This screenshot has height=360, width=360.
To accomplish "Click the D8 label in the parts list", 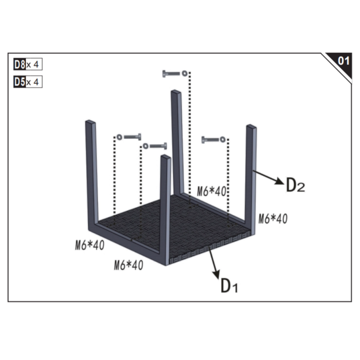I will (x=20, y=65).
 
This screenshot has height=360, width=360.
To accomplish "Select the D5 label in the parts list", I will (x=20, y=82).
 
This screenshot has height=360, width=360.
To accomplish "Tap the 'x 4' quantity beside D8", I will (x=34, y=65).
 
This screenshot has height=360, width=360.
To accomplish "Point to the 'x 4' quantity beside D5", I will (x=34, y=82).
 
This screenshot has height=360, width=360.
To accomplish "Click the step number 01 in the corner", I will (x=343, y=61).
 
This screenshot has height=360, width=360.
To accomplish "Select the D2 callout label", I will (x=295, y=185).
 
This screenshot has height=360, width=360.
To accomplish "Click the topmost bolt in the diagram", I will (x=171, y=74).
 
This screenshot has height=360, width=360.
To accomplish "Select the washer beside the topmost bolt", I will (x=184, y=73).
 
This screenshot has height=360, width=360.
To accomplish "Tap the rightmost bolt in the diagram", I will (x=210, y=140).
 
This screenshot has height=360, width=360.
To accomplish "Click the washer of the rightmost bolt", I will (x=223, y=140).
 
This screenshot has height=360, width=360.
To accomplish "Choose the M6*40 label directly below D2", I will (x=273, y=219).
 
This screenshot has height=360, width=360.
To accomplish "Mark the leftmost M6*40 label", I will (x=90, y=245).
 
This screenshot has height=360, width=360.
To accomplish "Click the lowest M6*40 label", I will (x=128, y=265).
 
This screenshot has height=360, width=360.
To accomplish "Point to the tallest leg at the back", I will (x=177, y=141).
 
